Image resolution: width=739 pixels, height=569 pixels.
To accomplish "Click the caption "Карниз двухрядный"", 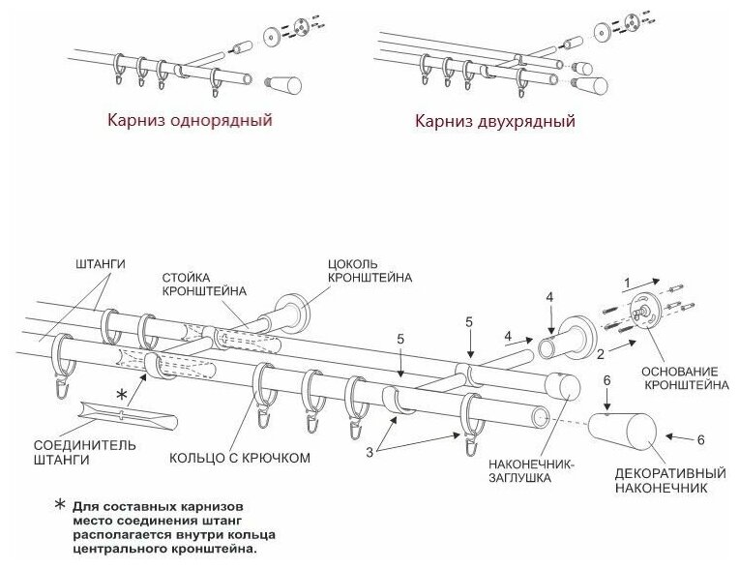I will pyautogui.click(x=494, y=123).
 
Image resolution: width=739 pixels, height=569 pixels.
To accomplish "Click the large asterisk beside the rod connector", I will pyautogui.click(x=122, y=394).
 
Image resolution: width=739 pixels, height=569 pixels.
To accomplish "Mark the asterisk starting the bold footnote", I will pyautogui.click(x=60, y=506).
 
